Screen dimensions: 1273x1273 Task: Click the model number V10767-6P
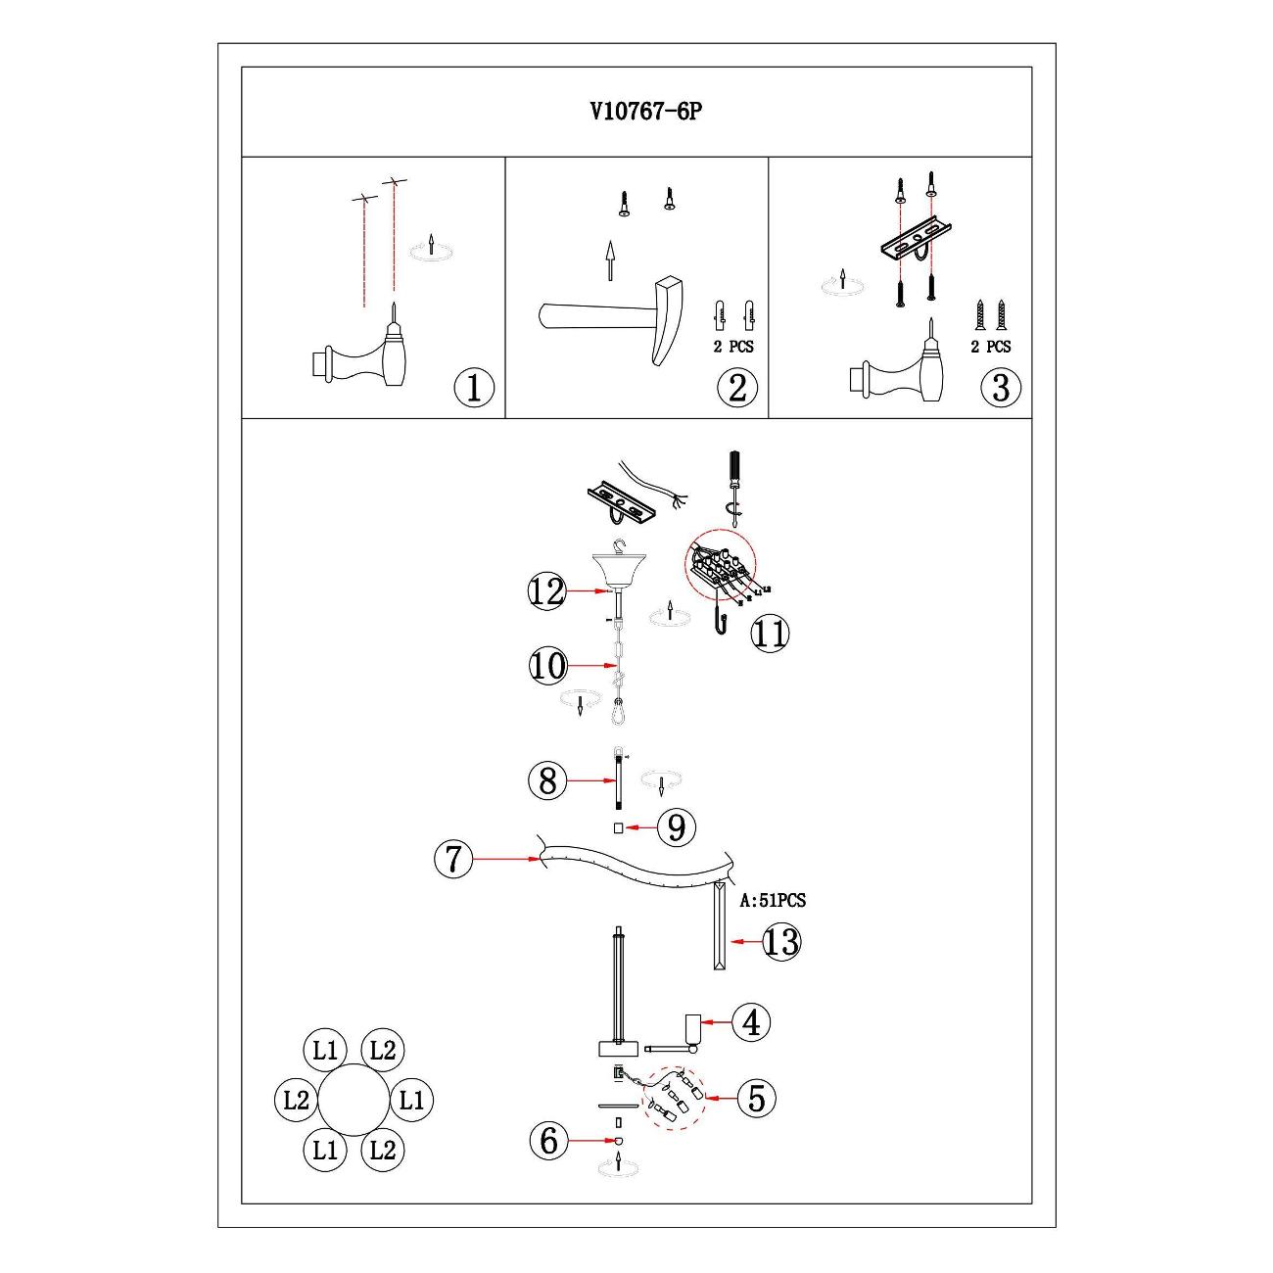pyautogui.click(x=645, y=112)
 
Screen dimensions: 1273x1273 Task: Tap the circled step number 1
pyautogui.click(x=474, y=389)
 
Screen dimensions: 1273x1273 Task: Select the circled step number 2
pyautogui.click(x=737, y=388)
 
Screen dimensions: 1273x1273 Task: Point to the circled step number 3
pyautogui.click(x=1000, y=388)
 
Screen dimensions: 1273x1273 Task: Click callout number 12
pyautogui.click(x=547, y=591)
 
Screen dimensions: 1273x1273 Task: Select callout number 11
pyautogui.click(x=770, y=634)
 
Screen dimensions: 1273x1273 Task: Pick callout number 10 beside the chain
pyautogui.click(x=547, y=666)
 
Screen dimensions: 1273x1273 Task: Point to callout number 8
pyautogui.click(x=547, y=780)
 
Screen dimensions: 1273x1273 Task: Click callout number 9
pyautogui.click(x=676, y=827)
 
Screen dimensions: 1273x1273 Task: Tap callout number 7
pyautogui.click(x=452, y=859)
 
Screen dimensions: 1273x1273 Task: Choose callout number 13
pyautogui.click(x=780, y=941)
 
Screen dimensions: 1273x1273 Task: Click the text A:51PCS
pyautogui.click(x=772, y=900)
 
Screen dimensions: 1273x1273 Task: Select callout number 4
pyautogui.click(x=751, y=1022)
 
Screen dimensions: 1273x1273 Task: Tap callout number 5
pyautogui.click(x=756, y=1098)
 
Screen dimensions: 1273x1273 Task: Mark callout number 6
pyautogui.click(x=548, y=1140)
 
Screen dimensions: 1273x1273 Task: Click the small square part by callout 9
pyautogui.click(x=618, y=828)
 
